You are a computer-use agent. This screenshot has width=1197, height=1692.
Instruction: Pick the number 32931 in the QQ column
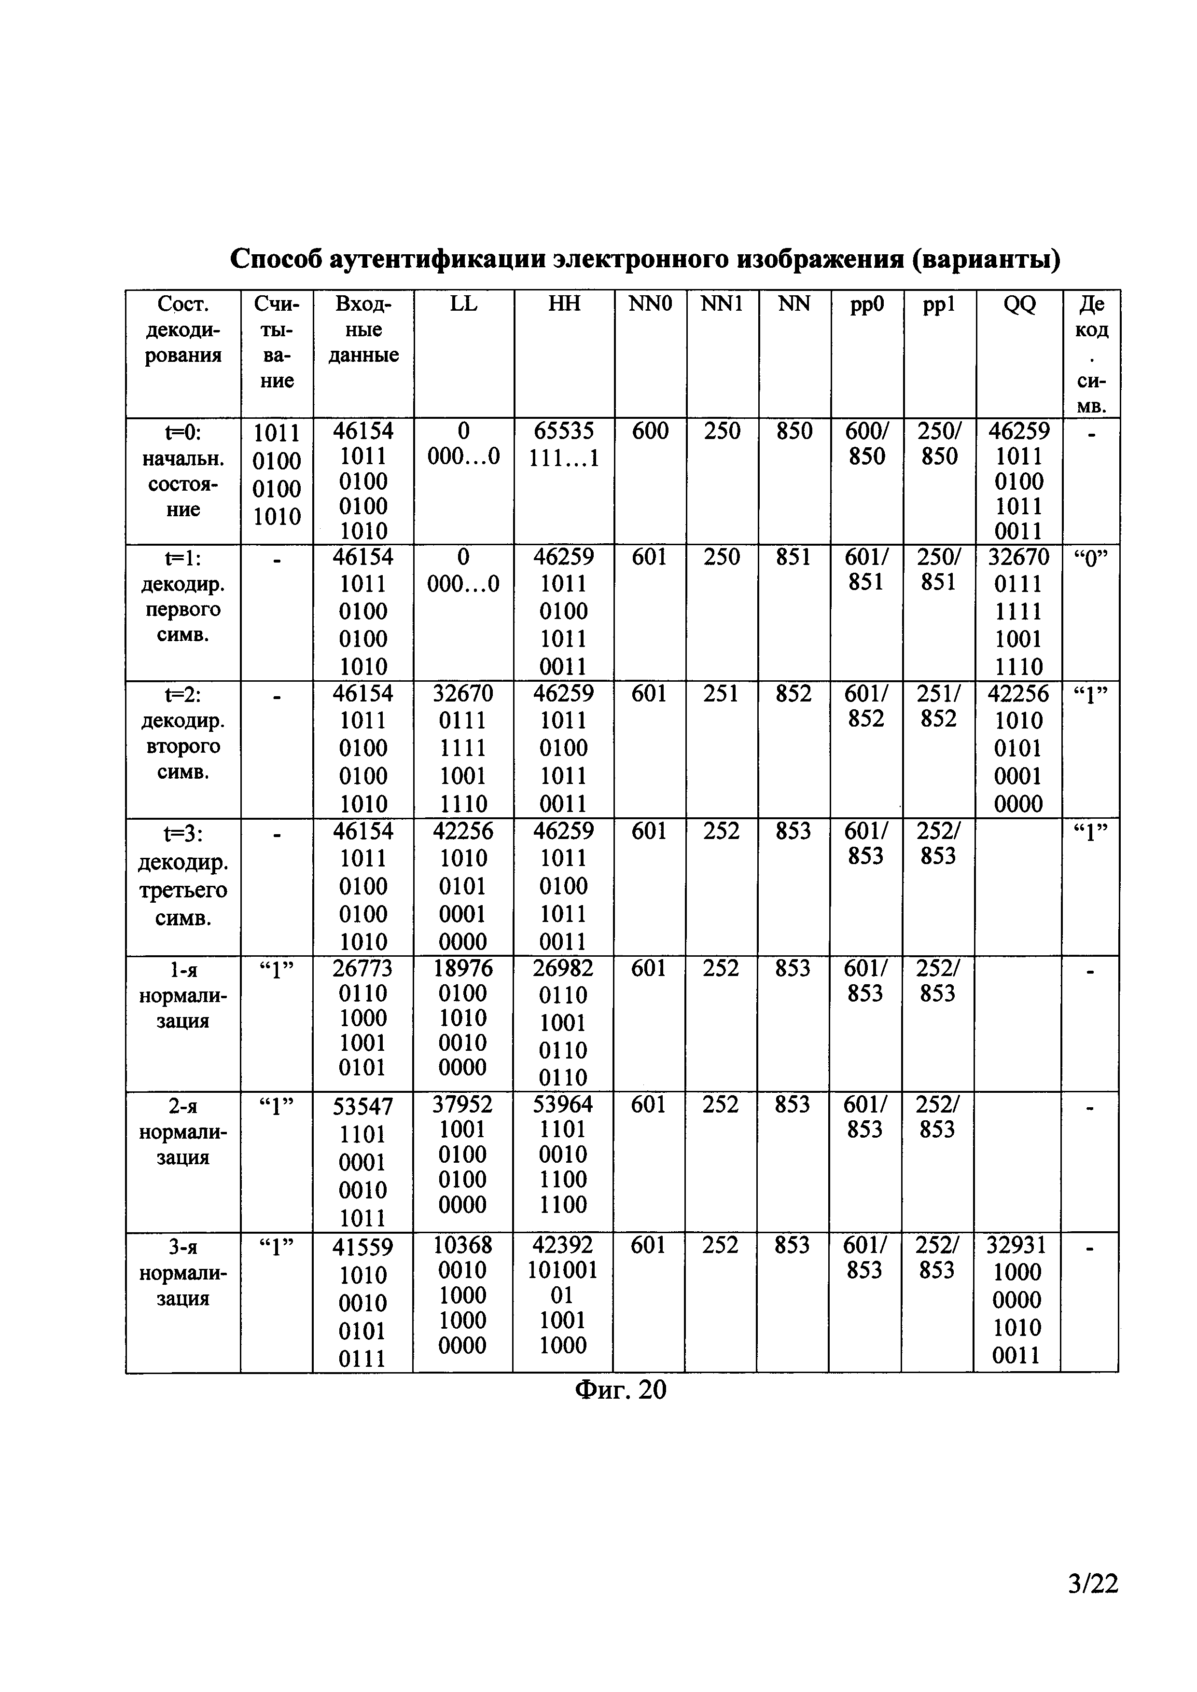tap(1016, 1245)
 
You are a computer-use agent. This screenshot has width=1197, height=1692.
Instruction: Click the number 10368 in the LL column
tap(463, 1245)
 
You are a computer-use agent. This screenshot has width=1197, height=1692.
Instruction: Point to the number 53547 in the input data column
tap(362, 1106)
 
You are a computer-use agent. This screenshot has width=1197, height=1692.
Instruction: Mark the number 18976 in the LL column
tap(463, 968)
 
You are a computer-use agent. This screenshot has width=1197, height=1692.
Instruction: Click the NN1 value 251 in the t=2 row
tap(721, 694)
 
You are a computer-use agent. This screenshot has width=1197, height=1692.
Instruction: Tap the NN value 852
tap(794, 694)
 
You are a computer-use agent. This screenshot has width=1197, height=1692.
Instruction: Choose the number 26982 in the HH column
tap(563, 968)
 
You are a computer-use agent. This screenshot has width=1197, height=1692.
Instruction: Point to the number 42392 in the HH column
tap(563, 1245)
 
